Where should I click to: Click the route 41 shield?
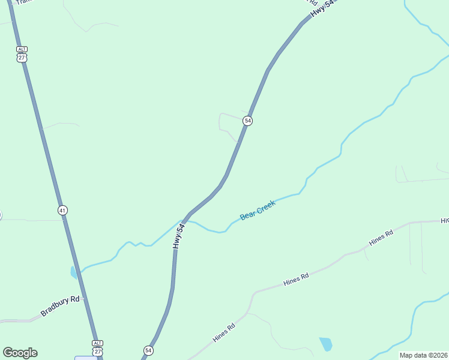pyautogui.click(x=63, y=210)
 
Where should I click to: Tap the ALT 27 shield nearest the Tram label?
pyautogui.click(x=22, y=54)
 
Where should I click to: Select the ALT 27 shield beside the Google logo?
pyautogui.click(x=97, y=347)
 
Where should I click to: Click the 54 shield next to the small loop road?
pyautogui.click(x=247, y=121)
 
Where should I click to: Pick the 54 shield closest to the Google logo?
pyautogui.click(x=148, y=350)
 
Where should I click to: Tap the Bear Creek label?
pyautogui.click(x=258, y=210)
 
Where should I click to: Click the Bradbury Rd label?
pyautogui.click(x=60, y=306)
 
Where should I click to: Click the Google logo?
pyautogui.click(x=20, y=353)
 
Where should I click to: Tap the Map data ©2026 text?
pyautogui.click(x=423, y=355)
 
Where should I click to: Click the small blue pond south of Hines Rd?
pyautogui.click(x=325, y=344)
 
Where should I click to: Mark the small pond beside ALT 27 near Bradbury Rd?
pyautogui.click(x=74, y=273)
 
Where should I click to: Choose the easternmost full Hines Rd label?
pyautogui.click(x=381, y=237)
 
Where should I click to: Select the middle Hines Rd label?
pyautogui.click(x=296, y=278)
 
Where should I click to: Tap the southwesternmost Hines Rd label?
pyautogui.click(x=223, y=334)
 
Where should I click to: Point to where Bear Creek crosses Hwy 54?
pyautogui.click(x=184, y=220)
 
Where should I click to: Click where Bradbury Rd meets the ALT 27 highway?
pyautogui.click(x=83, y=298)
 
